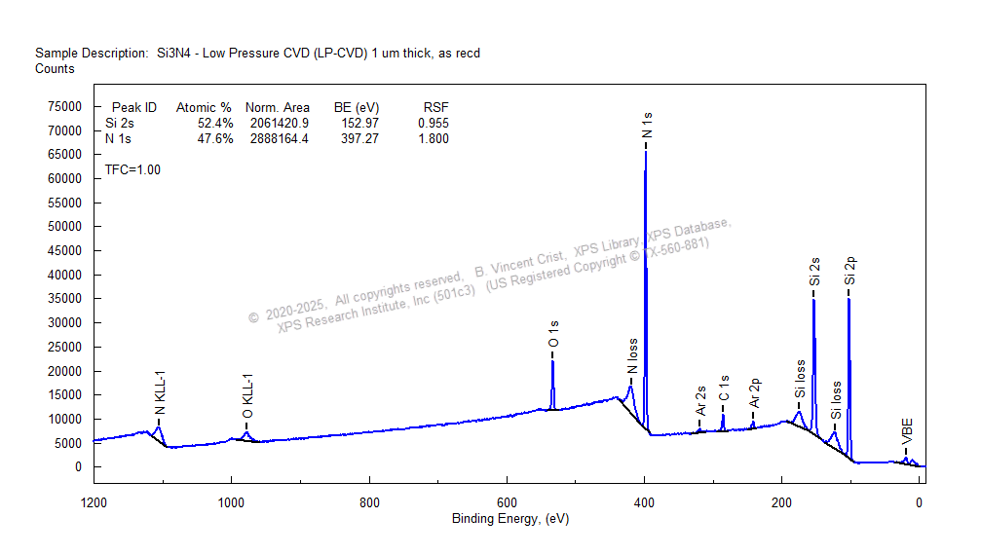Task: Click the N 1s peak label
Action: [647, 126]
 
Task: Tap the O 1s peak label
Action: [553, 335]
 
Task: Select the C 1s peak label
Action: [724, 389]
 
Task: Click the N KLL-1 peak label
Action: [160, 392]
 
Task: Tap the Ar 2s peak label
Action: [700, 400]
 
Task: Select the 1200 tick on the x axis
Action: [94, 503]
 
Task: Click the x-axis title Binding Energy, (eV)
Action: [509, 519]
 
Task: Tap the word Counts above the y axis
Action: [55, 69]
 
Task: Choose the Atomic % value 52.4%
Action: [215, 124]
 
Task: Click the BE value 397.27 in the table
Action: [356, 139]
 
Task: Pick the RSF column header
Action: [435, 107]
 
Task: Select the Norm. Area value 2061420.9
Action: [278, 124]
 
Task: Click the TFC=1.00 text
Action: [132, 169]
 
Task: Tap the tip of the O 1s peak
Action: [552, 361]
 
